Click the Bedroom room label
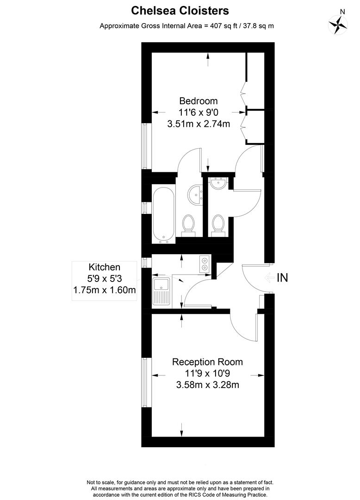[199, 101]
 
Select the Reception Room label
[207, 362]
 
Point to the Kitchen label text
[105, 267]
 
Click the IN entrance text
[282, 278]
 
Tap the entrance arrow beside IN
[268, 278]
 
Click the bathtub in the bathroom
[164, 215]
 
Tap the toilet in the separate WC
[217, 225]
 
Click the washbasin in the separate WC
[217, 184]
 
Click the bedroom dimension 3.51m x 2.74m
[199, 124]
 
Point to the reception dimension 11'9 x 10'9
[207, 374]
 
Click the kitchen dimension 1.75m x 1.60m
[105, 290]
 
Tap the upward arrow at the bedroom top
[208, 56]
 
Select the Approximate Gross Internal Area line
[186, 26]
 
